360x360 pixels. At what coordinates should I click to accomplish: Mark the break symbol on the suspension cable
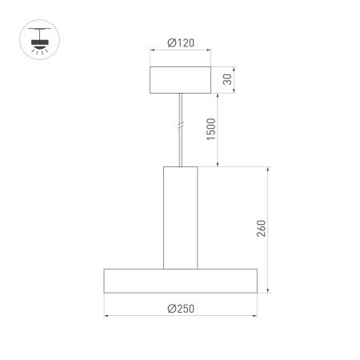[x=181, y=125]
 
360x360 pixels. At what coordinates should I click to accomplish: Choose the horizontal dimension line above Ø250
[x=181, y=318]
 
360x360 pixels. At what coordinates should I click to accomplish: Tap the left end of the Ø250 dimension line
[x=105, y=318]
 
